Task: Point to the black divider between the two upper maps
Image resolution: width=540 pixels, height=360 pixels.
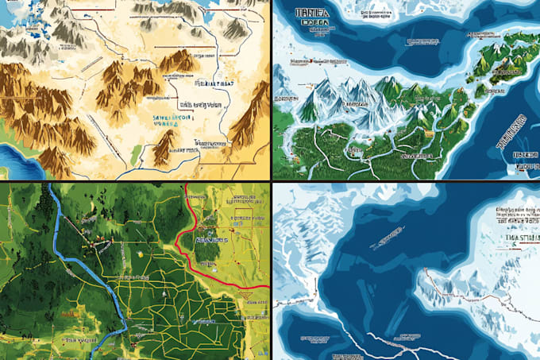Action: pos(272,89)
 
